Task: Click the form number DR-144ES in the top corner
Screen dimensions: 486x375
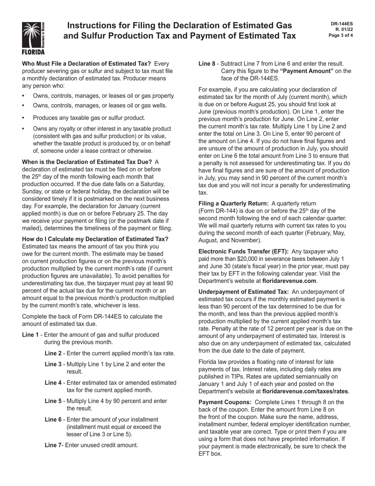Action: pos(342,24)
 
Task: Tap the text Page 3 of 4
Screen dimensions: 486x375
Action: pos(341,35)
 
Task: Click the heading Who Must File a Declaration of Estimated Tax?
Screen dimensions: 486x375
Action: pos(86,64)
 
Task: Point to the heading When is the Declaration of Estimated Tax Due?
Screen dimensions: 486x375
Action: pos(87,162)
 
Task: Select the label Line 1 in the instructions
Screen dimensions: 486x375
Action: pos(30,335)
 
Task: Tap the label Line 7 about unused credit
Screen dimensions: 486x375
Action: pos(53,445)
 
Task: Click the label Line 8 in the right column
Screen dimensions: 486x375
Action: pos(207,64)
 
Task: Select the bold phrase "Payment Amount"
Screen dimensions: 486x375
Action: pos(307,71)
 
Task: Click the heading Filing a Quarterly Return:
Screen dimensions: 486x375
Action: pos(233,203)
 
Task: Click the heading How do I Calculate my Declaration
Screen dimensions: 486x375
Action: pos(95,239)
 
